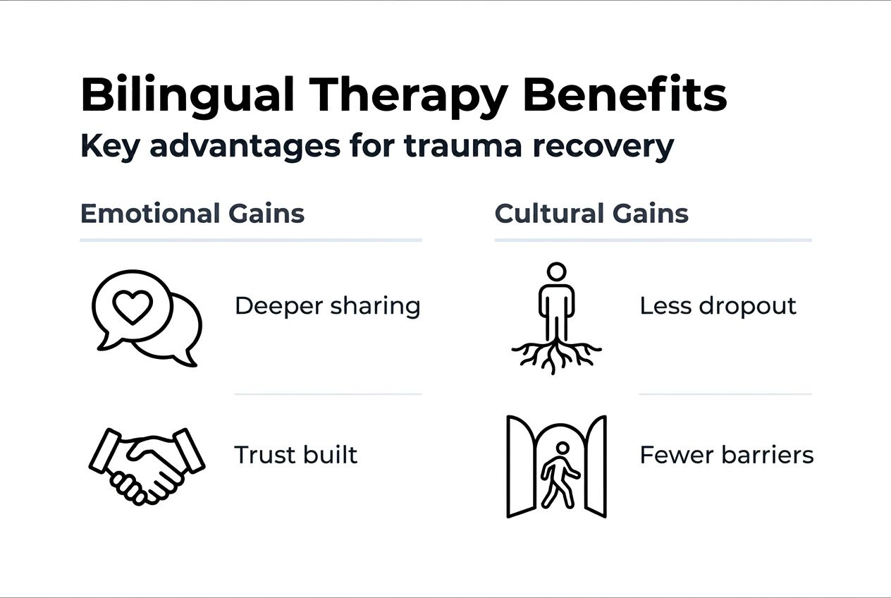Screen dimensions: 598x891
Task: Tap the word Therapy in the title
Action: click(409, 95)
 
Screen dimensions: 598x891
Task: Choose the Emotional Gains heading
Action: click(192, 213)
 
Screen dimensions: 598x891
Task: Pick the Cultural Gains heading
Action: click(591, 213)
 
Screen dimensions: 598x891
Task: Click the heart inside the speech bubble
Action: click(133, 307)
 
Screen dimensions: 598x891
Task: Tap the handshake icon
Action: click(147, 464)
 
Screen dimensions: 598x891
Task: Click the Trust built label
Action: click(296, 455)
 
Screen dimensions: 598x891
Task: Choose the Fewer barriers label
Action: click(726, 455)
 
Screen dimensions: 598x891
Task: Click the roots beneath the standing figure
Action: click(556, 354)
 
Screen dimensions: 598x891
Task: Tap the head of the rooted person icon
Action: click(556, 272)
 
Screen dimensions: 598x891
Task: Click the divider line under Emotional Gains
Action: click(250, 240)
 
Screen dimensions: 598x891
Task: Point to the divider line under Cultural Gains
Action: click(653, 240)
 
